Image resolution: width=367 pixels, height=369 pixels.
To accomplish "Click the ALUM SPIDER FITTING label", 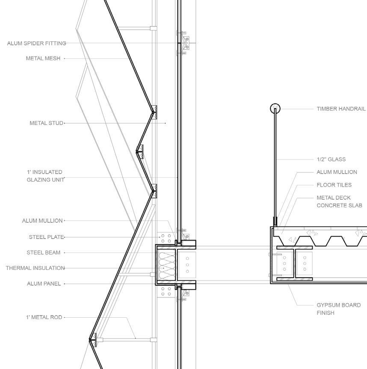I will point(36,43).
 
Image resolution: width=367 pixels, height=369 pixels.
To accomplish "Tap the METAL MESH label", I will point(43,59).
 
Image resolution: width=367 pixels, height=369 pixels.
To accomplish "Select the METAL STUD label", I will point(46,123).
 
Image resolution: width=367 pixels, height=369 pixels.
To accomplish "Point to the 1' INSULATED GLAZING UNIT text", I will point(44,176).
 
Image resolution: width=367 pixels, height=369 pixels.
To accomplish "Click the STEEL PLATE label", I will point(46,237).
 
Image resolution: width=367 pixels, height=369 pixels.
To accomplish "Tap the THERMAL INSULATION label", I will point(35,268).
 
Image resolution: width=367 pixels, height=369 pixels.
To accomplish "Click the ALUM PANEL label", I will point(44,283).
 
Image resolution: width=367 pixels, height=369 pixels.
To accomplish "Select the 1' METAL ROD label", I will point(44,317).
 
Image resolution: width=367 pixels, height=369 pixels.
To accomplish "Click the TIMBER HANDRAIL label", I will point(341,109).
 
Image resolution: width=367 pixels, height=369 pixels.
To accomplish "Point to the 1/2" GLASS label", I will point(331,159).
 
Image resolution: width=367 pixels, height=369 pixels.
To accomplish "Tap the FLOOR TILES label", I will point(334,185).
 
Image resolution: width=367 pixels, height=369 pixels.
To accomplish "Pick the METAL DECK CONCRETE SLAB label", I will point(339,201).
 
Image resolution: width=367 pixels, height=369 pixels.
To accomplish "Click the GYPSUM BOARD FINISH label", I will point(338,309).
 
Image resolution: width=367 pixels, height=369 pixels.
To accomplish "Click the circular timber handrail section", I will point(275,108).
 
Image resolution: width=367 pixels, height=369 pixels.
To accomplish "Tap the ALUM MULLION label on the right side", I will point(337,172).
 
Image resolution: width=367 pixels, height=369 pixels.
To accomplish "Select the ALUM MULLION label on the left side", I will point(42,221).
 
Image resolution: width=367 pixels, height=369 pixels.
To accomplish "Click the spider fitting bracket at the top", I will point(184,43).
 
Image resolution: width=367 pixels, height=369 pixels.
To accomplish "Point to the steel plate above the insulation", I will point(166,239).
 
